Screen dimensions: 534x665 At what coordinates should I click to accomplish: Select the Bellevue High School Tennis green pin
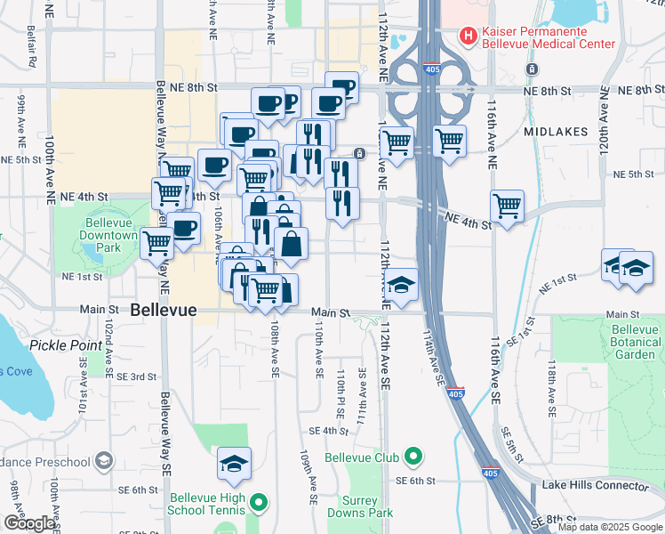point(259,503)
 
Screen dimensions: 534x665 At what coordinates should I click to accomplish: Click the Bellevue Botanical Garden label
point(636,342)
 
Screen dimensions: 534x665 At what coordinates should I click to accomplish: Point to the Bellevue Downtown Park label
point(111,236)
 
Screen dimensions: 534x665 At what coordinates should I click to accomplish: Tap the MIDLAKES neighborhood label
point(556,132)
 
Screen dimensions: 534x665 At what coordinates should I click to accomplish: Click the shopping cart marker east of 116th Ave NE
point(507,206)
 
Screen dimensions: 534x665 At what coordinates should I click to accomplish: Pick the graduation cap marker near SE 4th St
point(234,464)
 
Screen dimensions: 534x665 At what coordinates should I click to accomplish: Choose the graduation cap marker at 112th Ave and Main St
point(402,285)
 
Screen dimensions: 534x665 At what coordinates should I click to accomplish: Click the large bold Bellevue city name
point(170,311)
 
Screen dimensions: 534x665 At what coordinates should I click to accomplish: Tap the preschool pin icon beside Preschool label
point(104,461)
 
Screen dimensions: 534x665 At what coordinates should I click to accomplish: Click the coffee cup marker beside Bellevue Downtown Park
point(184,229)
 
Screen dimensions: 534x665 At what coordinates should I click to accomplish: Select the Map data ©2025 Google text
point(610,527)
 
